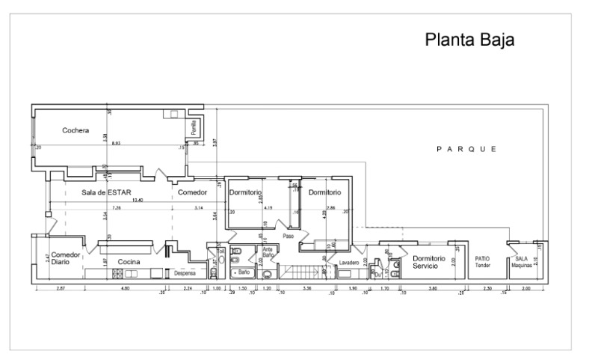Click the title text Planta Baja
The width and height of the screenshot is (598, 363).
[x=469, y=39]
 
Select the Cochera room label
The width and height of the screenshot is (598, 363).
[x=76, y=130]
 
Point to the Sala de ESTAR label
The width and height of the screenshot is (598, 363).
[x=107, y=192]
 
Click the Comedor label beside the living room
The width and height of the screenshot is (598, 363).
[x=192, y=192]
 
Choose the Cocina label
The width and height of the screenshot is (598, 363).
[x=129, y=261]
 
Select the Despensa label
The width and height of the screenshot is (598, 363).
[x=185, y=273]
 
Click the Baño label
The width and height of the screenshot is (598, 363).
[x=242, y=273]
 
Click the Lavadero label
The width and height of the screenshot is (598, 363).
[x=349, y=263]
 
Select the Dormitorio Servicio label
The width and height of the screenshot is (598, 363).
[x=428, y=262]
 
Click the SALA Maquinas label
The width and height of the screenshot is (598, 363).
[x=521, y=262]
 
